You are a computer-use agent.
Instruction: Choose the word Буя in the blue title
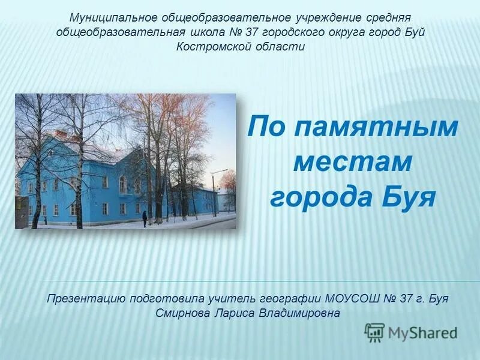(x=410, y=197)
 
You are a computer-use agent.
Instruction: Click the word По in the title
(x=269, y=127)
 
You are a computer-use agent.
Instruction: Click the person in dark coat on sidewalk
(x=145, y=218)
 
